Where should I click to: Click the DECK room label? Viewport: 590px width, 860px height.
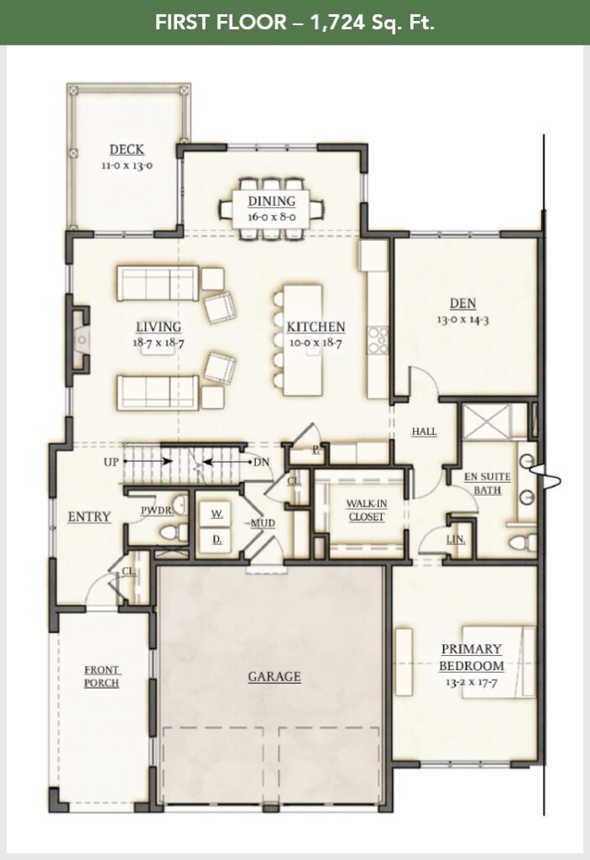(x=126, y=150)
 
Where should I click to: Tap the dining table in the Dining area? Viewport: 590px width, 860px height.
(x=271, y=204)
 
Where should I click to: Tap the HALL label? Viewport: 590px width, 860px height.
(x=424, y=432)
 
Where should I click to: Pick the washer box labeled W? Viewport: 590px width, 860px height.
(x=215, y=513)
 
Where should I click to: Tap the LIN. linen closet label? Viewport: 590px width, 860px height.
(x=457, y=538)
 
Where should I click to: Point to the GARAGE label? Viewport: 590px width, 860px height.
(x=274, y=676)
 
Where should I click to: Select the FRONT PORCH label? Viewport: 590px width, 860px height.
(x=102, y=676)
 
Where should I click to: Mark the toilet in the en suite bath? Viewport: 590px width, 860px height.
(x=518, y=537)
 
